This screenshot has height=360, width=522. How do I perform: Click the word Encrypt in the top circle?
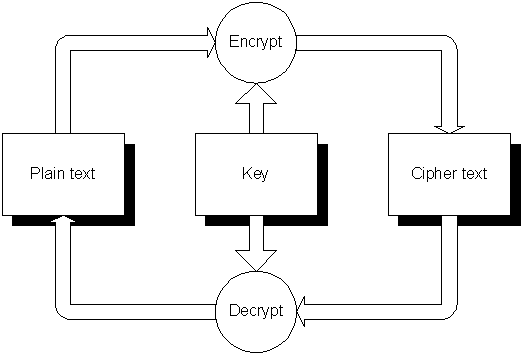(x=256, y=42)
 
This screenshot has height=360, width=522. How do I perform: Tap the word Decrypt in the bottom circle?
(x=256, y=311)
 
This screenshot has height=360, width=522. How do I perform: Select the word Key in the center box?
(x=255, y=174)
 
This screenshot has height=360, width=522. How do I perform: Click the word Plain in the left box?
(x=44, y=173)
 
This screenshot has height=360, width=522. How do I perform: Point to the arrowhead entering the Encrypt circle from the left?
(x=212, y=43)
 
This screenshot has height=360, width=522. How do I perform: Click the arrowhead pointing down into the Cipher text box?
(x=449, y=130)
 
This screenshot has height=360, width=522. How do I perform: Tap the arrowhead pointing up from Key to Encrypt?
(x=256, y=93)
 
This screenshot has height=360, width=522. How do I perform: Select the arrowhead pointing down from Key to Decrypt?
(x=256, y=261)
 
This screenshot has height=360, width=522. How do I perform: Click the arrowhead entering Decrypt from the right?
(x=300, y=312)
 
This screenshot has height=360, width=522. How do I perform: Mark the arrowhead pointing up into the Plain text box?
(x=63, y=218)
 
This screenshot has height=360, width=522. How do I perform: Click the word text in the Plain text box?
(x=80, y=173)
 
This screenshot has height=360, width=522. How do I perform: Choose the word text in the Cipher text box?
(x=474, y=173)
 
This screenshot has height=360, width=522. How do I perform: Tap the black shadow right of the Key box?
(x=323, y=180)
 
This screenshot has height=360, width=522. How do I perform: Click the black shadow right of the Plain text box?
(x=130, y=180)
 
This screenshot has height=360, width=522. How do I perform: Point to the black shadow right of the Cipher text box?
(x=516, y=180)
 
